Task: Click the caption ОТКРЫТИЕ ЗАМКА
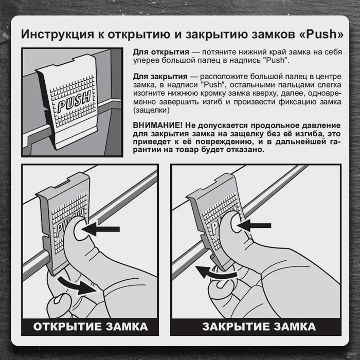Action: pyautogui.click(x=91, y=327)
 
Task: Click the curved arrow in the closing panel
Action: pyautogui.click(x=217, y=272)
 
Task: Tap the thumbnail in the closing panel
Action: pyautogui.click(x=237, y=224)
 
